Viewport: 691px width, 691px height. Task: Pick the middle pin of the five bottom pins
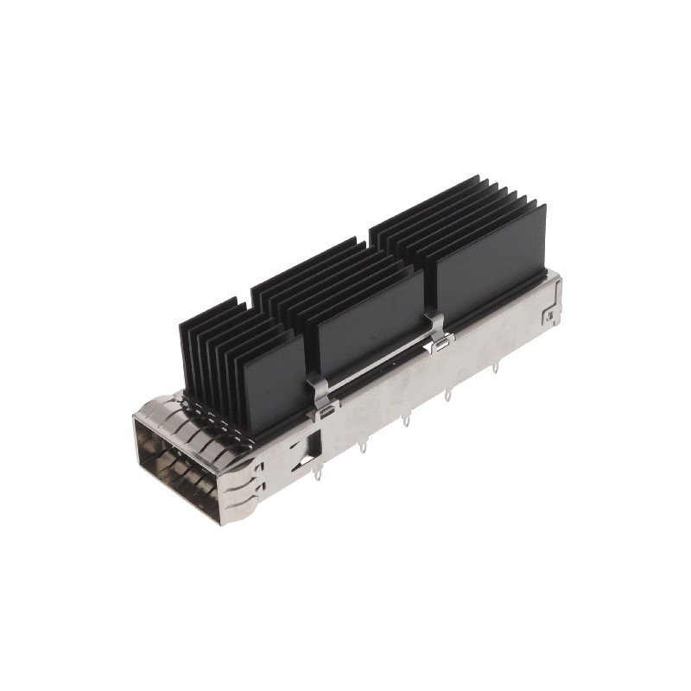405,423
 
